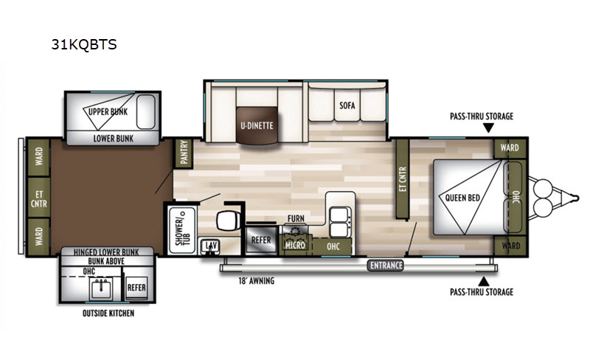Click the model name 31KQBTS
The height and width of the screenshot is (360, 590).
point(84,44)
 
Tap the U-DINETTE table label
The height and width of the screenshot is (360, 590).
point(257,125)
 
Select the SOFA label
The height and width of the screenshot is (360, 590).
point(347,105)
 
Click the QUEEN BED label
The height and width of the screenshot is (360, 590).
point(462,198)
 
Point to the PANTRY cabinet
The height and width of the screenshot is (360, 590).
point(184,153)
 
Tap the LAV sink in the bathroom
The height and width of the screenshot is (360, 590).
point(210,246)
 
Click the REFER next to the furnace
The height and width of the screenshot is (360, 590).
point(261,240)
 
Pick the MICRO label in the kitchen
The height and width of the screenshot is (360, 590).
point(295,245)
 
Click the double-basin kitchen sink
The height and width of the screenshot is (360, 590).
point(340,221)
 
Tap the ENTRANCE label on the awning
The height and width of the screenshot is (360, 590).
point(386,266)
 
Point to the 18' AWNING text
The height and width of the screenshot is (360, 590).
point(256,280)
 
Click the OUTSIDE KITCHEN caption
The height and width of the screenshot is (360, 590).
point(108,313)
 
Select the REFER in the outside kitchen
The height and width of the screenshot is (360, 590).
point(136,288)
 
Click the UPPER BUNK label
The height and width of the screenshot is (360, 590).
point(108,111)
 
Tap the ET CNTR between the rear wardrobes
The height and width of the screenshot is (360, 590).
point(39,199)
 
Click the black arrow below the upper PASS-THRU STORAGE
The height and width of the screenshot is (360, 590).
point(488,128)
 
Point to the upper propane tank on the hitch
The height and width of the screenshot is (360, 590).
point(542,187)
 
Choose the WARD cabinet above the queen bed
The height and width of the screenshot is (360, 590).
point(510,148)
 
